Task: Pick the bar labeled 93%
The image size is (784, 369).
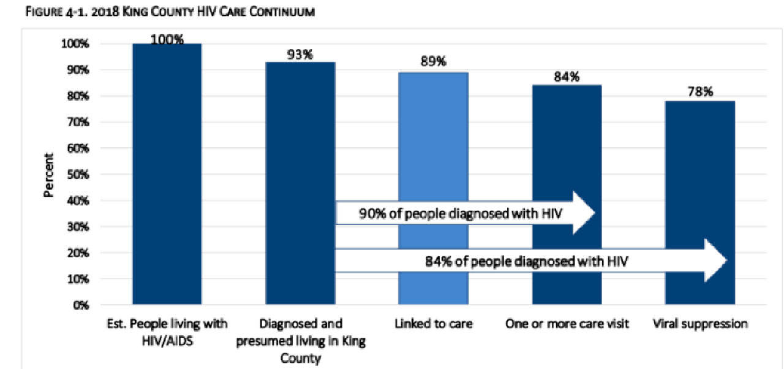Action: tap(300, 123)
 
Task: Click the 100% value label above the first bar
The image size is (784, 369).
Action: tap(167, 39)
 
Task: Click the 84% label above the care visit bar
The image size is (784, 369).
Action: tap(567, 77)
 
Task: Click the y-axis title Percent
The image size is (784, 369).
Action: tap(48, 175)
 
